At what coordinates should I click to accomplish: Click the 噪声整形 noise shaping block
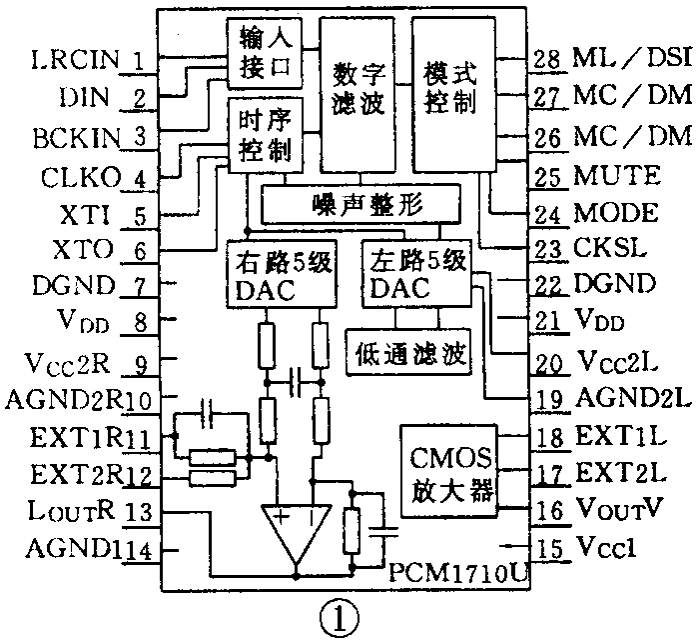pos(359,204)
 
